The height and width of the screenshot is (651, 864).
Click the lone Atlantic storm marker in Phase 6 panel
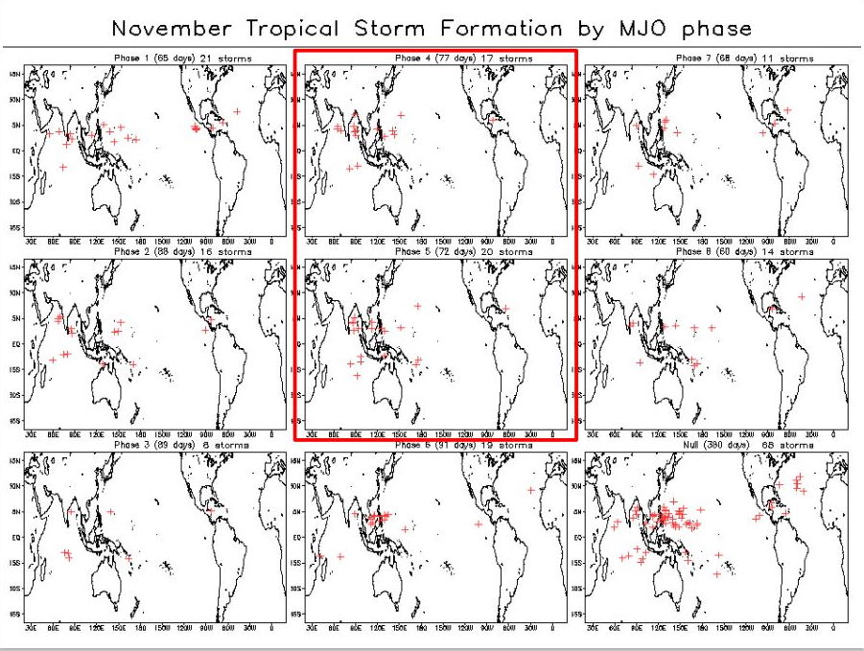(530, 491)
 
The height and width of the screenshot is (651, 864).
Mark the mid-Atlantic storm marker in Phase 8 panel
(802, 296)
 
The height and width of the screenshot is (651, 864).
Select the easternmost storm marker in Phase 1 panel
(237, 111)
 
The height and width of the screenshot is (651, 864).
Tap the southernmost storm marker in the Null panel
(715, 574)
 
